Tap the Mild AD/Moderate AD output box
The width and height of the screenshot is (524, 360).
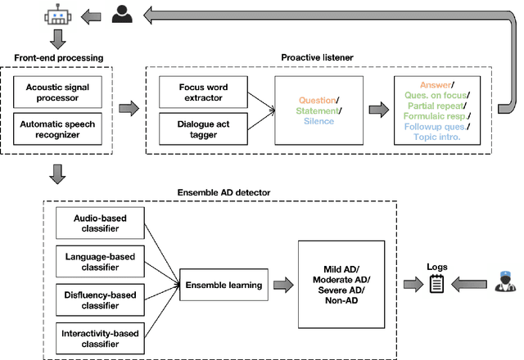pos(341,284)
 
